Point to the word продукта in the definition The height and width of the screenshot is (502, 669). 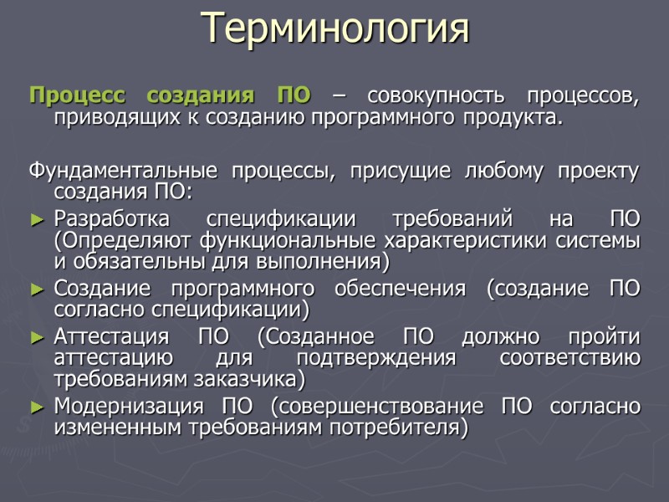pyautogui.click(x=518, y=118)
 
